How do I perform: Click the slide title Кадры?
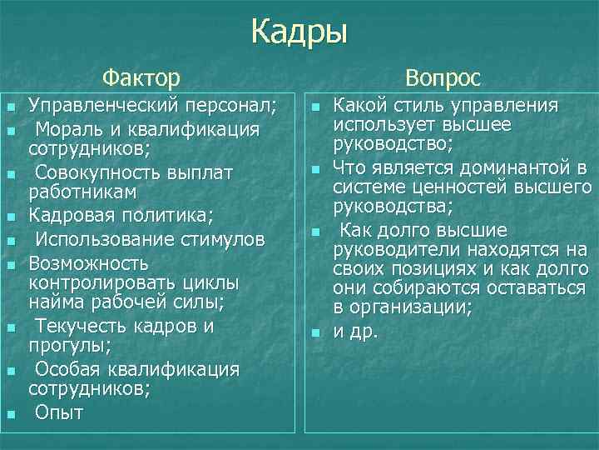click(x=299, y=32)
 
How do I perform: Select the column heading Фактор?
click(x=141, y=78)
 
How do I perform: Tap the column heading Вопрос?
click(x=443, y=78)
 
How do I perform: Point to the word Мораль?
click(x=64, y=130)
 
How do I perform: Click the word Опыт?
click(x=59, y=412)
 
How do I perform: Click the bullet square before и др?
click(x=315, y=332)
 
